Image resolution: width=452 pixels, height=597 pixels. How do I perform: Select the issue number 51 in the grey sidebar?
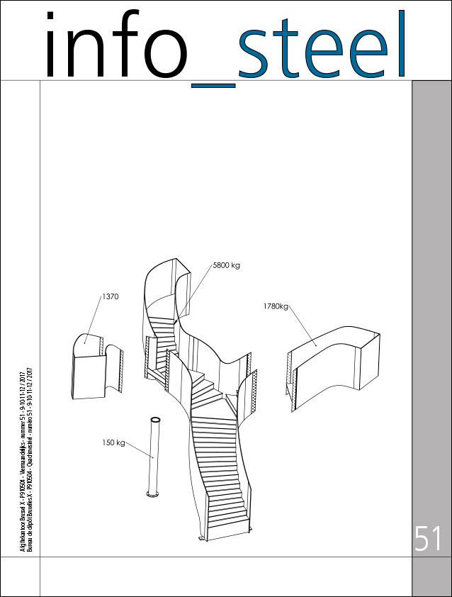tap(429, 540)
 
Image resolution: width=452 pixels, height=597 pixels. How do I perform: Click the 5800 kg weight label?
tap(226, 266)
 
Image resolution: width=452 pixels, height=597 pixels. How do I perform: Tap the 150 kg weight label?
tap(113, 442)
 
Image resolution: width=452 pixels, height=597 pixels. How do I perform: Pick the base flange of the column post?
tap(150, 493)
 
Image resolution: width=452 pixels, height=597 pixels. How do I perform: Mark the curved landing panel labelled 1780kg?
tap(333, 362)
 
